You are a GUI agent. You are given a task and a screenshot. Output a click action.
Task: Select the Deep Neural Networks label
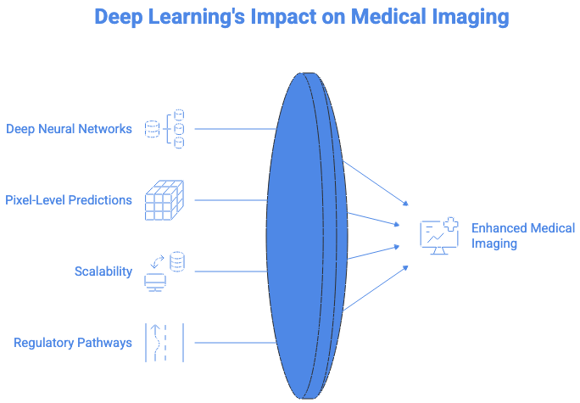[70, 129]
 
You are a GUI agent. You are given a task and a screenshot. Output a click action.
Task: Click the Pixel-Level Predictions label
[70, 200]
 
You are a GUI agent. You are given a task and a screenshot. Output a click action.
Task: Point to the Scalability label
[103, 271]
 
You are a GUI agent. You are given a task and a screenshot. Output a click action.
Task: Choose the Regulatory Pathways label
[73, 343]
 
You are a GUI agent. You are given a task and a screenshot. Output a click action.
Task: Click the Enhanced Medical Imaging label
[511, 236]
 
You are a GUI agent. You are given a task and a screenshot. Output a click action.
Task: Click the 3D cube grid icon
[165, 200]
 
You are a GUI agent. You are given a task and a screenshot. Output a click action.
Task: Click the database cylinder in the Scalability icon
[176, 261]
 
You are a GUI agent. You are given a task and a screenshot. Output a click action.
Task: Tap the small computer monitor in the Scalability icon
[155, 282]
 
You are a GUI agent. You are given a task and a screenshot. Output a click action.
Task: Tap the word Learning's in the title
[198, 17]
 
